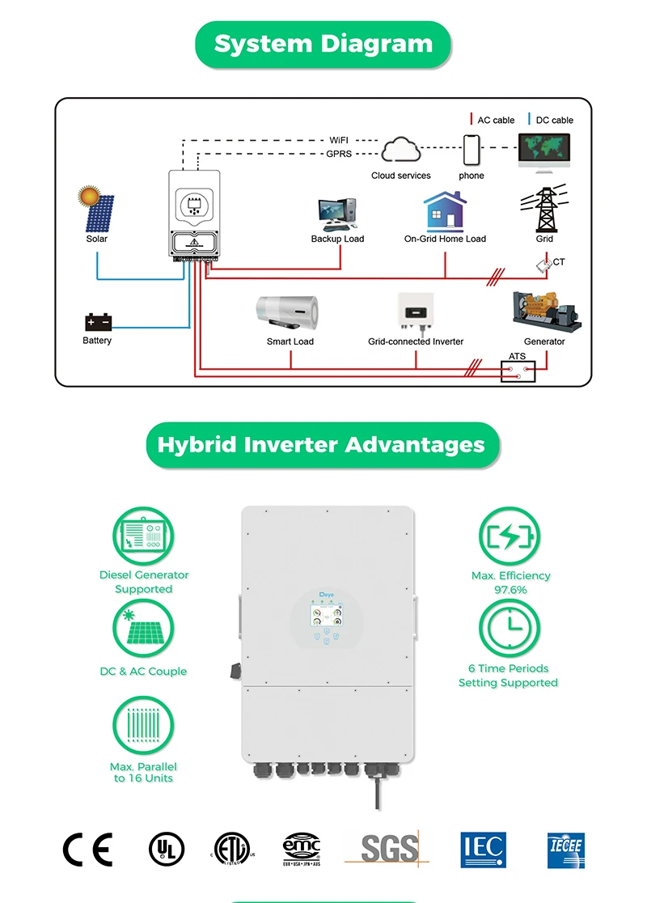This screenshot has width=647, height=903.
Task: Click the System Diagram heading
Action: [323, 44]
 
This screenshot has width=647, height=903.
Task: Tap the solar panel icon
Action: [95, 210]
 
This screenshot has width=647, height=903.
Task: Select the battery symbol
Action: [97, 322]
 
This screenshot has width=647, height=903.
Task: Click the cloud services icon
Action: [401, 151]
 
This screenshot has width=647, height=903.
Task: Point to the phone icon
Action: [472, 150]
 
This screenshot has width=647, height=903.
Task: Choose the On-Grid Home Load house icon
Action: [445, 213]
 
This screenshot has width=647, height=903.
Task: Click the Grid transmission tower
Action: [545, 210]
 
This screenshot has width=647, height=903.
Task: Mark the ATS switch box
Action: [518, 371]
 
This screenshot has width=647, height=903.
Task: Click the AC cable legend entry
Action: [493, 120]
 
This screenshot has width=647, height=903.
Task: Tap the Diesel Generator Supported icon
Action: [143, 537]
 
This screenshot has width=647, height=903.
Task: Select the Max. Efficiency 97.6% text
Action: [510, 583]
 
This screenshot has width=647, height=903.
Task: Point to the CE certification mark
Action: [87, 849]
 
